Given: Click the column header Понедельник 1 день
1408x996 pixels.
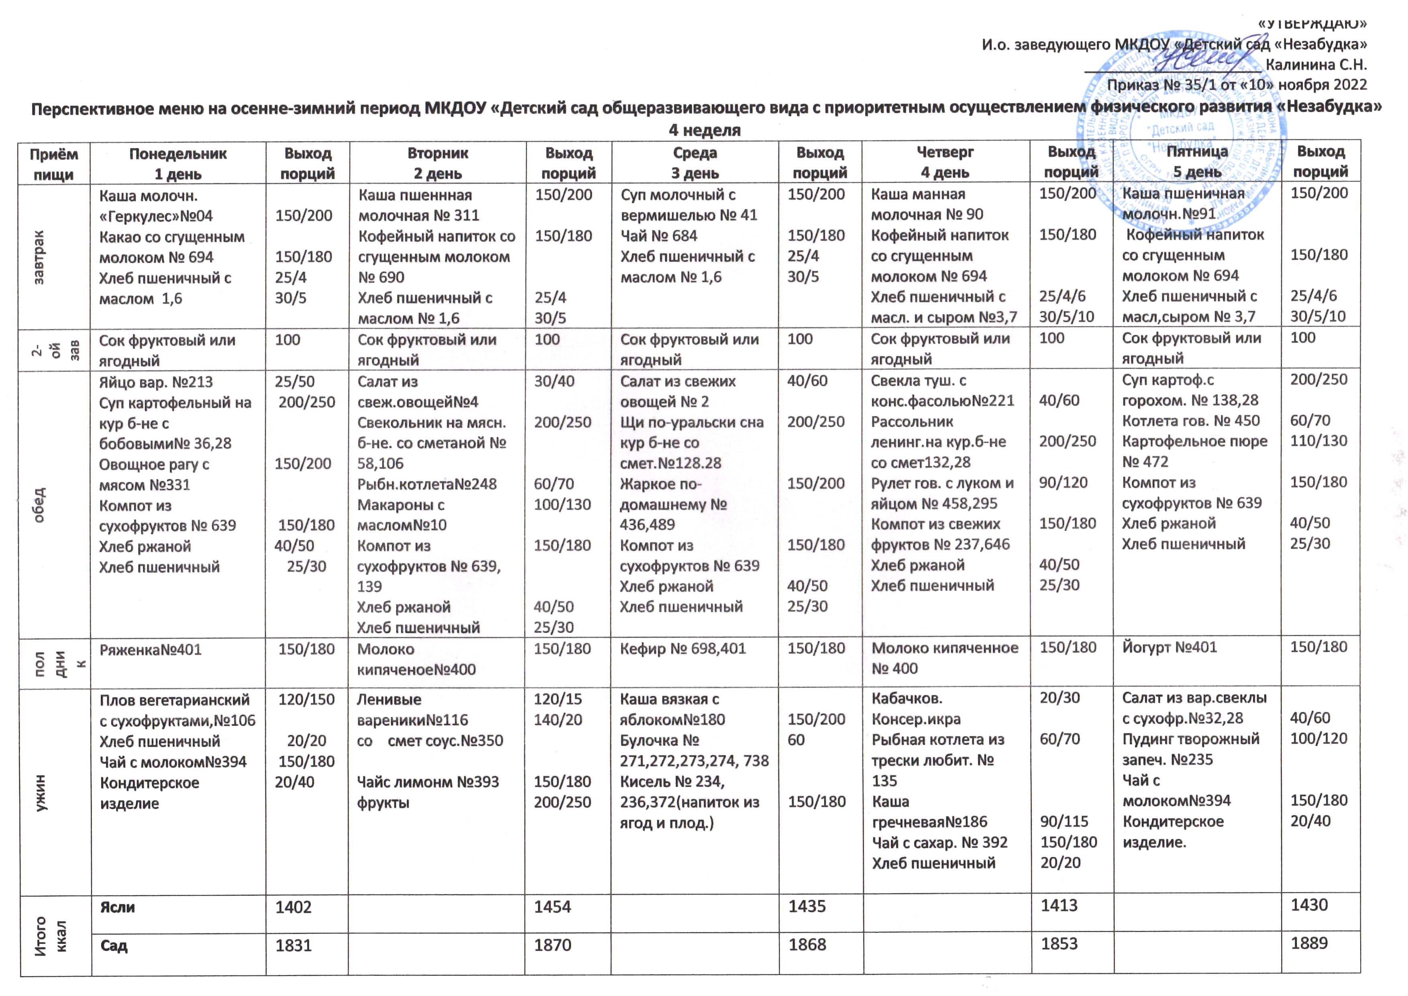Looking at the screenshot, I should click(178, 163).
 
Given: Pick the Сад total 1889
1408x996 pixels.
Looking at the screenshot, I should click(1309, 943).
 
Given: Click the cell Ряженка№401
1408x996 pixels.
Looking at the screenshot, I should click(150, 649).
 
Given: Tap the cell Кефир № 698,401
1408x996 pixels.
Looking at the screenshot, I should click(683, 649).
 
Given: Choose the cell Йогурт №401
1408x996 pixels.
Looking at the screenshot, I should click(1170, 648).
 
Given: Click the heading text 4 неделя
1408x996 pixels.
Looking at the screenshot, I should click(704, 130).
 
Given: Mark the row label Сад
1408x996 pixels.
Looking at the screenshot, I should click(114, 945).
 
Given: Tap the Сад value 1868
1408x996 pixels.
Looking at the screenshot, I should click(807, 945).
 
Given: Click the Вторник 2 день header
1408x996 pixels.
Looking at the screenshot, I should click(437, 163).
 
